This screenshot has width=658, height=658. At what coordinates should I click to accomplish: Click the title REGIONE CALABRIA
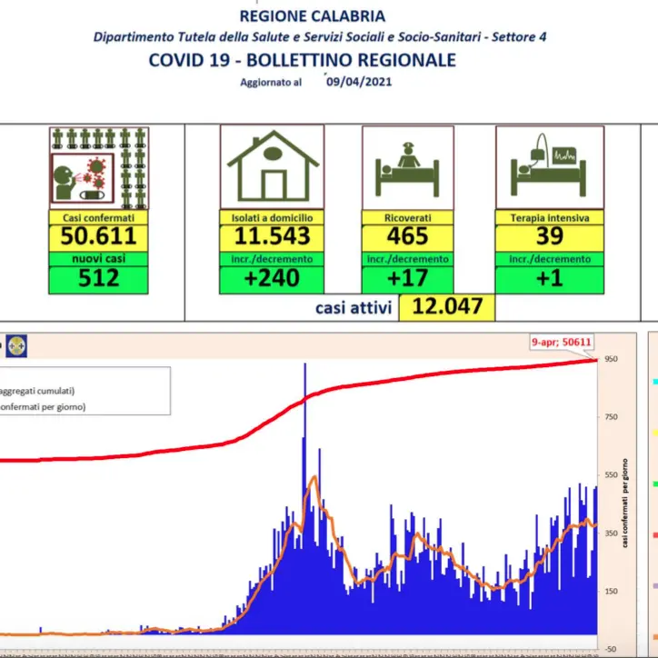tap(312, 15)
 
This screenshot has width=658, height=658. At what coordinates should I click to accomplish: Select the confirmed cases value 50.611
tap(98, 237)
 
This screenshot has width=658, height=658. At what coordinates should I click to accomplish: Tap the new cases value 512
tap(98, 278)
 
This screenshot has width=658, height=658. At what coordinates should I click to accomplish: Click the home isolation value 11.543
tap(271, 237)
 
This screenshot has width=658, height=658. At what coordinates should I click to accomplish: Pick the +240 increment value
tap(271, 278)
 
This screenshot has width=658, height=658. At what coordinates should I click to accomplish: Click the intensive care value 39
tap(549, 237)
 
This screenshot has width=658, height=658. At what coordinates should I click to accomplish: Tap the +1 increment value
tap(549, 278)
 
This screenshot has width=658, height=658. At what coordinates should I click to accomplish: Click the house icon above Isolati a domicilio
tap(272, 168)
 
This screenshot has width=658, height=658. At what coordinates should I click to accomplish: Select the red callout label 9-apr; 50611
tap(563, 343)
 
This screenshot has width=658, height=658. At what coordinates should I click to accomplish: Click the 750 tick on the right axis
tap(611, 416)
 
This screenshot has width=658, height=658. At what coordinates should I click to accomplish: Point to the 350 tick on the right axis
tap(611, 533)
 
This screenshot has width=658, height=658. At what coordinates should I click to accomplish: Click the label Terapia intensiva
tap(549, 218)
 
